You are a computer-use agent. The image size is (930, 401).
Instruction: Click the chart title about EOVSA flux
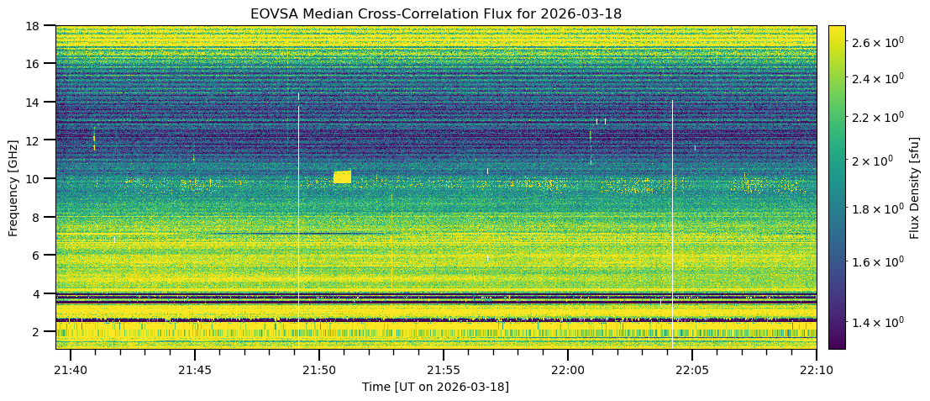(435, 13)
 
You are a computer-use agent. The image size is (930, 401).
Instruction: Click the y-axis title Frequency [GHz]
(14, 187)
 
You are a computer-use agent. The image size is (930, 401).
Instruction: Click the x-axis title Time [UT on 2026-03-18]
(435, 387)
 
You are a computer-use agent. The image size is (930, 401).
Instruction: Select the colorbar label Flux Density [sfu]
(914, 187)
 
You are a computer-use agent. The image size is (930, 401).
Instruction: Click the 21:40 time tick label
(70, 371)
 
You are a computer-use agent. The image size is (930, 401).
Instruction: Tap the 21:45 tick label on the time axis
(194, 371)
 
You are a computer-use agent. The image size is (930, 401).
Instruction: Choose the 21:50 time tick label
(318, 371)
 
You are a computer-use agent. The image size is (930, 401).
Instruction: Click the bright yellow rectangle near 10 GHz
(342, 177)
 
